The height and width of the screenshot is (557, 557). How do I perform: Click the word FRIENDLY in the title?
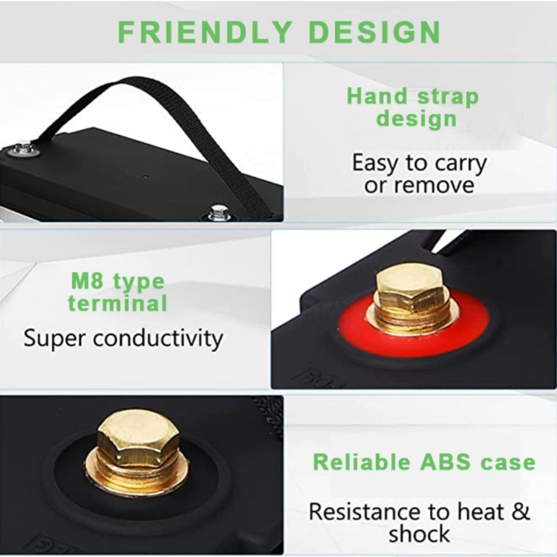click(x=204, y=32)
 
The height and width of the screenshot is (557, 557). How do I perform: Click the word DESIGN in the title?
click(x=375, y=32)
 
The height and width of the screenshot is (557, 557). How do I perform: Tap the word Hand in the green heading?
click(x=377, y=96)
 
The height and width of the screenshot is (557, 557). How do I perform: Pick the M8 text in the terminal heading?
click(x=87, y=281)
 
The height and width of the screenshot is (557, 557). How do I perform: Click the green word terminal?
click(x=117, y=304)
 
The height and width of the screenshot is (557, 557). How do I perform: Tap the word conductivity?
click(x=158, y=338)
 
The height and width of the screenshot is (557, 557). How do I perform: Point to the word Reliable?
click(x=361, y=462)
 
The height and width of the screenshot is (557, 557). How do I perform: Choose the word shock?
click(x=419, y=534)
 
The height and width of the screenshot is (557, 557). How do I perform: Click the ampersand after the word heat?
click(x=521, y=512)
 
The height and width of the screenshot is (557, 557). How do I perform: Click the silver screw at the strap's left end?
click(x=23, y=149)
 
